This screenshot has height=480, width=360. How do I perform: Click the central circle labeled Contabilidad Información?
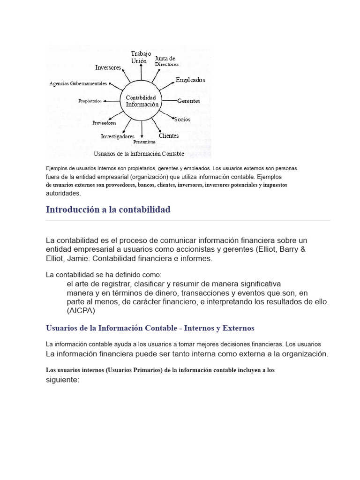point(142,101)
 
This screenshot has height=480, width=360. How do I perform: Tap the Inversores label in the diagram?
point(108,67)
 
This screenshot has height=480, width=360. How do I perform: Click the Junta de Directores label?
point(166,61)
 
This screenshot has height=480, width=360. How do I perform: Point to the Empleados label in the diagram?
point(190,80)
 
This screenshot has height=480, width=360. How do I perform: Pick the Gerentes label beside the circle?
point(188,101)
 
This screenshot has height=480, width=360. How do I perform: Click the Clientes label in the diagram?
point(169,135)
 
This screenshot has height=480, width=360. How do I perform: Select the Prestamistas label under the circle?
point(144,142)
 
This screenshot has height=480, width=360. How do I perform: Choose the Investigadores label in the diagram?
point(117,136)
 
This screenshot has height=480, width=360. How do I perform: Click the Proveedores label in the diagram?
point(104,123)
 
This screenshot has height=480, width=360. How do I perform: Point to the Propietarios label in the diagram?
point(90,101)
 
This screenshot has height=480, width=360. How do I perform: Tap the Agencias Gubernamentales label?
point(78,83)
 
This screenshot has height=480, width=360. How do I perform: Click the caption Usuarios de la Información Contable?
point(139,154)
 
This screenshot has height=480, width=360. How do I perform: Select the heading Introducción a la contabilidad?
point(108,210)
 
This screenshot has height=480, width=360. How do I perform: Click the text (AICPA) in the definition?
point(81,310)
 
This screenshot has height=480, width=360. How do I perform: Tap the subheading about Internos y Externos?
point(150,328)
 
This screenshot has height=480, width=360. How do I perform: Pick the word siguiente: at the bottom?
point(62,380)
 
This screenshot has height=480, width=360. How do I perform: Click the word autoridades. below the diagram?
point(63,193)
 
